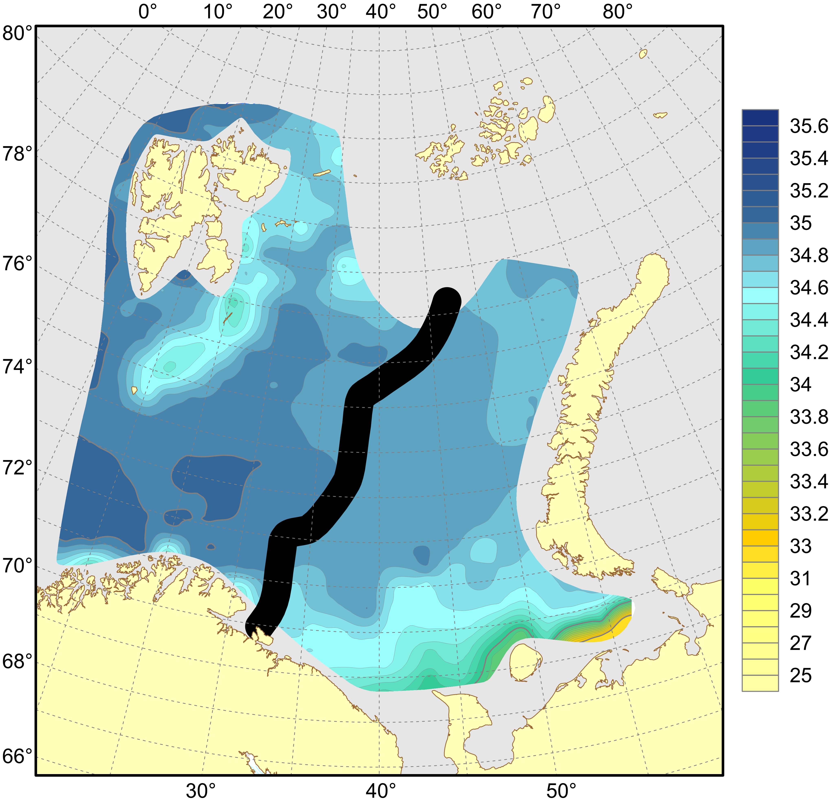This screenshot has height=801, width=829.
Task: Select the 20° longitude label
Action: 277,12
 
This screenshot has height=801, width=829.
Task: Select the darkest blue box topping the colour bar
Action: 760,118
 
